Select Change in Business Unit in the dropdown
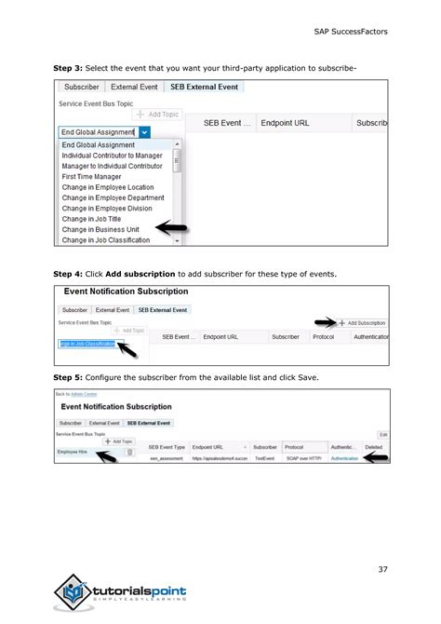tap(100, 229)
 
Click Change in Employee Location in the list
tap(108, 187)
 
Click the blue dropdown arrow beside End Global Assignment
tap(143, 132)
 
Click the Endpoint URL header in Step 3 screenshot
tap(285, 123)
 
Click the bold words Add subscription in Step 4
tap(140, 274)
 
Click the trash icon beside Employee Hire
tap(129, 452)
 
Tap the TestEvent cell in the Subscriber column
tap(264, 458)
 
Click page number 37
tap(383, 569)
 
